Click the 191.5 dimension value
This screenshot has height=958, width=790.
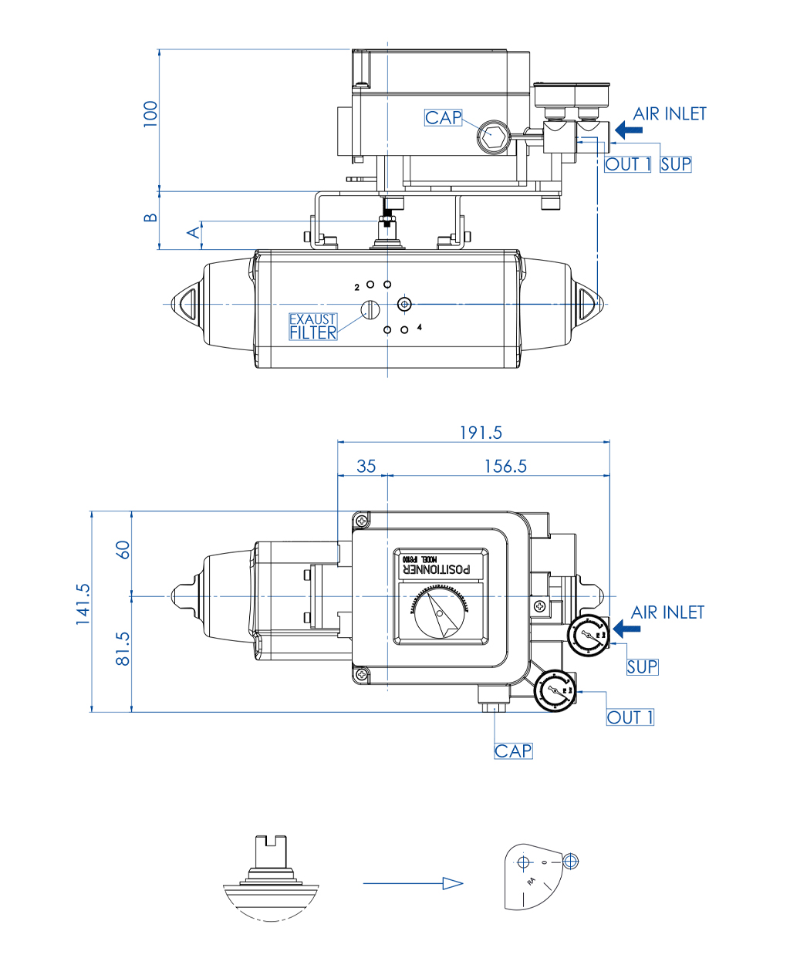pos(480,433)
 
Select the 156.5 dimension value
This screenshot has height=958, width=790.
pos(505,466)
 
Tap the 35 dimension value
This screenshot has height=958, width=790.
pos(366,466)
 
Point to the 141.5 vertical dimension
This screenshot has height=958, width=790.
pos(83,603)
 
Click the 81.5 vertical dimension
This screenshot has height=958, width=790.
pos(123,649)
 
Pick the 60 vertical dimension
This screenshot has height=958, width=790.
pos(123,549)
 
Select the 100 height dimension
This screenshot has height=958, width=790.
pos(150,113)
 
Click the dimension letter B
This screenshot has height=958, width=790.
pos(151,218)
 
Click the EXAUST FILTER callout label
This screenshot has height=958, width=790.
pos(312,326)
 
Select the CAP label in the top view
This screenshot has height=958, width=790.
pos(444,118)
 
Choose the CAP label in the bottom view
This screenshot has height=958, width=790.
pos(513,751)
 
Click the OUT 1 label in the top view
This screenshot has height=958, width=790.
pos(628,164)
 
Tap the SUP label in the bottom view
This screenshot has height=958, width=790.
pos(642,666)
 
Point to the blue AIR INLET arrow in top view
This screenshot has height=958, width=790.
pos(629,130)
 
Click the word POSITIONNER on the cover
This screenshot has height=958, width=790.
pos(437,569)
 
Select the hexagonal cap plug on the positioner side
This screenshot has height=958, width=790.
pos(491,137)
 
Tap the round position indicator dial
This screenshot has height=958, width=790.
pos(440,615)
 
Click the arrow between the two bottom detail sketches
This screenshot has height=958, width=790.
pos(413,883)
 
